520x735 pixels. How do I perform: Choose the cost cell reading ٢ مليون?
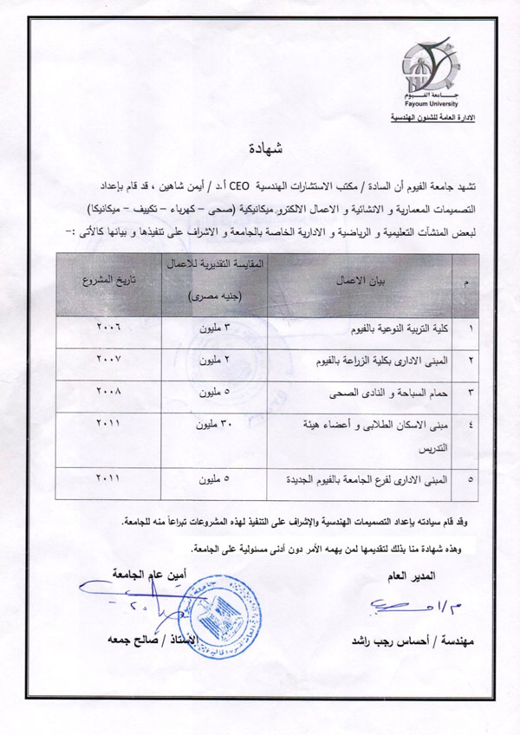click(213, 359)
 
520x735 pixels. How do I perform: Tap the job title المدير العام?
click(439, 576)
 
